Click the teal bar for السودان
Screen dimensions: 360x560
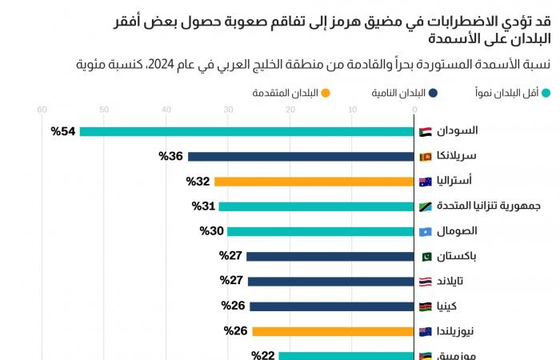pos(246,131)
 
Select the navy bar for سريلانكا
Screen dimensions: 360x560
pos(302,156)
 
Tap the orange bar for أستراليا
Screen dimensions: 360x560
pos(314,182)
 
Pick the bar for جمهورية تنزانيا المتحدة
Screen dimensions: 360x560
pos(317,206)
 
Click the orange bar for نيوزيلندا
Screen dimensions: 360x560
pos(334,331)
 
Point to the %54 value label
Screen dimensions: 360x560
pos(63,131)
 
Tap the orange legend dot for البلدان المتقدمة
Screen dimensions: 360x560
pos(326,93)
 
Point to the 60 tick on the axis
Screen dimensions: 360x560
pos(42,110)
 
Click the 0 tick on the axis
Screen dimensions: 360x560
pos(414,110)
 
